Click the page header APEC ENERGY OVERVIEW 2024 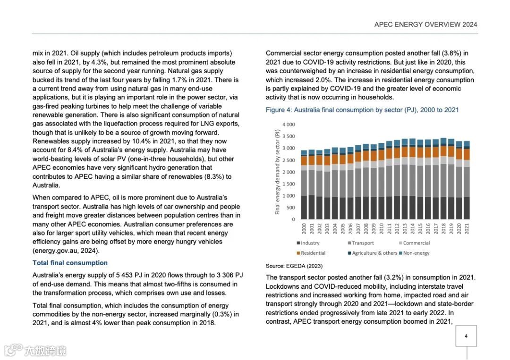pyautogui.click(x=425, y=25)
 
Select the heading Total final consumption pyautogui.click(x=70, y=263)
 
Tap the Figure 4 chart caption pyautogui.click(x=362, y=110)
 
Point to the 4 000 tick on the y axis pyautogui.click(x=288, y=125)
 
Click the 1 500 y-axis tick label pyautogui.click(x=288, y=184)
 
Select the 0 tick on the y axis pyautogui.click(x=293, y=219)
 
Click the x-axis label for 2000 pyautogui.click(x=304, y=229)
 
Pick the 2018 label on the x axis pyautogui.click(x=443, y=229)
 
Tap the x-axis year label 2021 pyautogui.click(x=466, y=229)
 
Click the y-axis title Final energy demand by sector pyautogui.click(x=278, y=172)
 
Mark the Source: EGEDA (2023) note pyautogui.click(x=294, y=266)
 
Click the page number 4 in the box pyautogui.click(x=466, y=336)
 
